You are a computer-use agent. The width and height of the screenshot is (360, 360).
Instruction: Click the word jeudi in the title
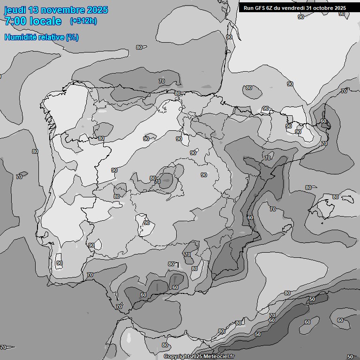click(x=15, y=10)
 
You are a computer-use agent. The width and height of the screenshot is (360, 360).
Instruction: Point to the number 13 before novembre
click(x=34, y=10)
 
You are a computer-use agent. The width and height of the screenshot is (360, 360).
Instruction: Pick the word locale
click(x=45, y=21)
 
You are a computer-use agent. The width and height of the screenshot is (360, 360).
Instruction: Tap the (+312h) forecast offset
click(x=83, y=21)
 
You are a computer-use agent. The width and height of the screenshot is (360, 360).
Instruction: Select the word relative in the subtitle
click(x=52, y=37)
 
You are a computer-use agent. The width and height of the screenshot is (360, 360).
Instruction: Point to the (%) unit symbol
click(x=72, y=37)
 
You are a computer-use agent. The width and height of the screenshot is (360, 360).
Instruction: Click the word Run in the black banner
click(x=248, y=7)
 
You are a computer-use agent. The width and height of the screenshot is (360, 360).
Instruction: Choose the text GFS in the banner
click(x=260, y=7)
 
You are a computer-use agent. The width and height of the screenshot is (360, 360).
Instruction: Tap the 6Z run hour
click(x=271, y=7)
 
